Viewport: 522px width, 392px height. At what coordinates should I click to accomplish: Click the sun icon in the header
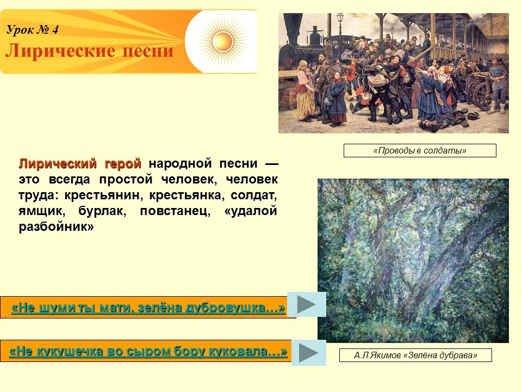pos(222,41)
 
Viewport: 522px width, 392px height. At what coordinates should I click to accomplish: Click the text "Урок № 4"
pos(32,29)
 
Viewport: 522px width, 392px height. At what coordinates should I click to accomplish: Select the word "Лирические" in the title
pos(60,51)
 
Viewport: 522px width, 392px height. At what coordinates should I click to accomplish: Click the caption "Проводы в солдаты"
pos(420,150)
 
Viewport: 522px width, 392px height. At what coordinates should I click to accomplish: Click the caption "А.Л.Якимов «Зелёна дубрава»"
pos(415,355)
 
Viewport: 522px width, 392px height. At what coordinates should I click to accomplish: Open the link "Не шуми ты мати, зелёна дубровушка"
pos(148,307)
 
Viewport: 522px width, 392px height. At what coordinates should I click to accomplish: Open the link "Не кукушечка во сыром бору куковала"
pos(148,351)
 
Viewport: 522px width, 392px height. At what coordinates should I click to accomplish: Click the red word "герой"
pos(123,164)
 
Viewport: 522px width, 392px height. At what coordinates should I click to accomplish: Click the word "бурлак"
pos(102,211)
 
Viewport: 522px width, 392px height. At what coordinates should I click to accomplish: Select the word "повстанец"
pos(175,211)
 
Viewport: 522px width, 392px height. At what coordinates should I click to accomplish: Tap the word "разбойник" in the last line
pos(56,226)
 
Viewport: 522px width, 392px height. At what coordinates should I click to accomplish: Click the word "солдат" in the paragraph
pos(254,195)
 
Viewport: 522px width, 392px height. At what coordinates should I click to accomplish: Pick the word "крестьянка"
pos(185,195)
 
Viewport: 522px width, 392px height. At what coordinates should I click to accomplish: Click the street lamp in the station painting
pos(339,25)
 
